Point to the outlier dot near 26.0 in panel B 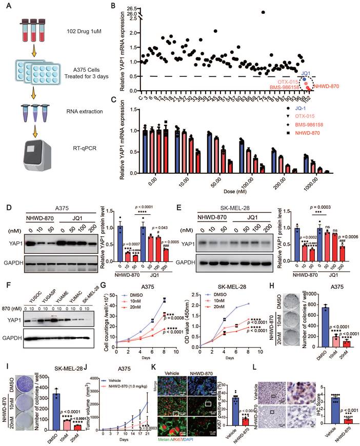coord(263,12)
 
